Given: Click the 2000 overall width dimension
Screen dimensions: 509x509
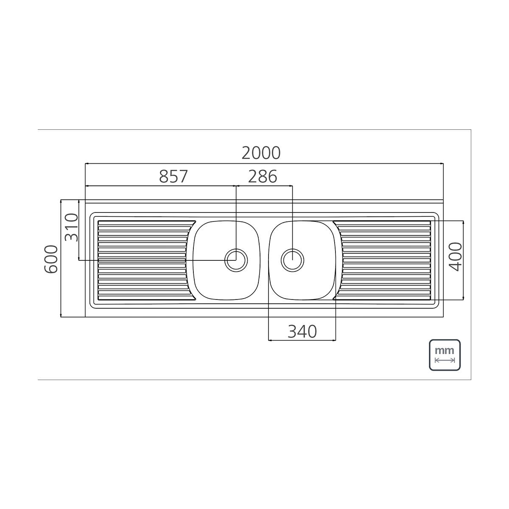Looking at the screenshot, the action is tap(261, 153).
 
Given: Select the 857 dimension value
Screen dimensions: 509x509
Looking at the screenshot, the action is tap(173, 176).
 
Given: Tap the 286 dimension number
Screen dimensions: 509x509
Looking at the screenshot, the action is tap(263, 176).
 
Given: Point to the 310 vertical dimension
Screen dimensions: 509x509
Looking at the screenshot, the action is tap(72, 227).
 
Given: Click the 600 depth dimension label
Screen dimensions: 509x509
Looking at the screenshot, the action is tap(51, 259).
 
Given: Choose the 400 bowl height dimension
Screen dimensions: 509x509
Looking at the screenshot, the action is tap(456, 257).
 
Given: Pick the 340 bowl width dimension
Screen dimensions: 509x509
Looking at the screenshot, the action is tap(302, 332).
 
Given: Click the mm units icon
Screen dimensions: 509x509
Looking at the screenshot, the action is tap(445, 355).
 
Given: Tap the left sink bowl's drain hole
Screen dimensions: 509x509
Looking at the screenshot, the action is tap(236, 260).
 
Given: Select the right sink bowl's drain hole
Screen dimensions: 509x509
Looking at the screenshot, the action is tap(292, 260).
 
